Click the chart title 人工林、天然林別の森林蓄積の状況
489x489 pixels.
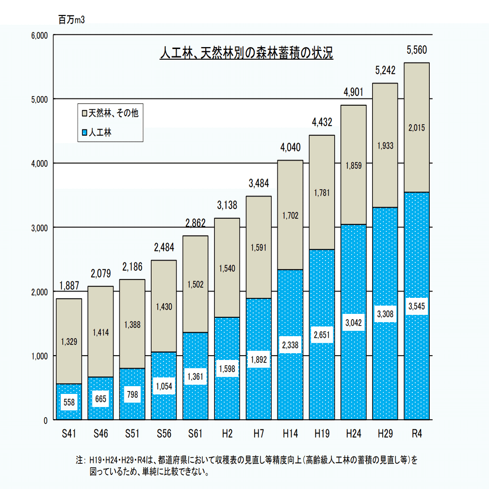tap(246, 52)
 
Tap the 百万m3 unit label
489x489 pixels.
tap(71, 20)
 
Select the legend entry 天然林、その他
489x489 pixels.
tap(114, 113)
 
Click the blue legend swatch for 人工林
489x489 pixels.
tap(84, 132)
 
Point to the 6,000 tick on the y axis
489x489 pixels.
tap(38, 35)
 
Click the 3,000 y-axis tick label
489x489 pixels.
tap(38, 228)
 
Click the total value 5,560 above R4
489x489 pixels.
tap(416, 50)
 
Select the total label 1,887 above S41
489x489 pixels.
tap(68, 285)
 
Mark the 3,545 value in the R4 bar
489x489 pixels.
tap(416, 306)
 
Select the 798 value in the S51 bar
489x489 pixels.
tap(132, 394)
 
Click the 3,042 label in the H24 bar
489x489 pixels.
tap(353, 322)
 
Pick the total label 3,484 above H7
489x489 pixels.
tap(258, 183)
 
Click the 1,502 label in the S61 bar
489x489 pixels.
tap(195, 285)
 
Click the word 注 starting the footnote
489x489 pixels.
tap(79, 459)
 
